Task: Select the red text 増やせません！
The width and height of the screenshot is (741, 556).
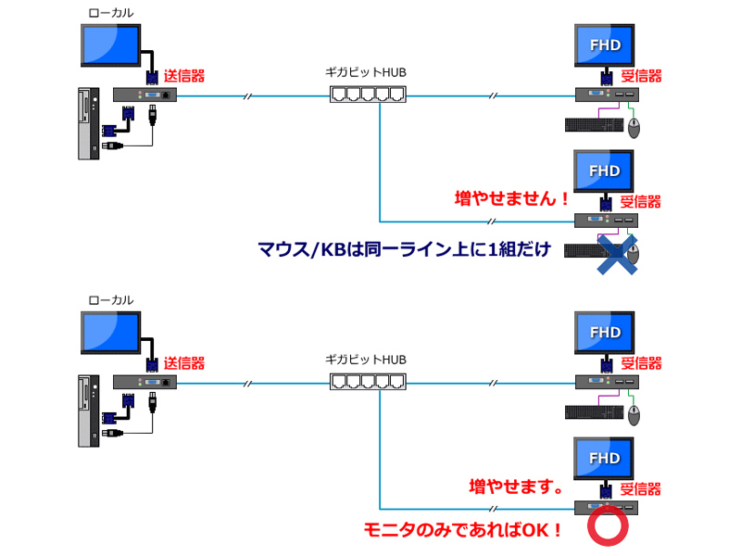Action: coord(511,198)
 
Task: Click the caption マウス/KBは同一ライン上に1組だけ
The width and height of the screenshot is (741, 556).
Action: coord(404,249)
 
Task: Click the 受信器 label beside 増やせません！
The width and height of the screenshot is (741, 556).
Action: coord(640,200)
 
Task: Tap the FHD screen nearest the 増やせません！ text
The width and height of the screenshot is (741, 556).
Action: coord(605,171)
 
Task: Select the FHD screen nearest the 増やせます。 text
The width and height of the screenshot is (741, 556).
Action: coord(605,459)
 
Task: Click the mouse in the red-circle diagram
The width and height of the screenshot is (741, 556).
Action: coord(634,413)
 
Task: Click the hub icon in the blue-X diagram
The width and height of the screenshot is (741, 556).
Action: coord(368,94)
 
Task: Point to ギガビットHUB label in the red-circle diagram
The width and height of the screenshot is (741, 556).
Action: coord(366,358)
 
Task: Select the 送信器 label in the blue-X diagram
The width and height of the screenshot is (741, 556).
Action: coord(184,75)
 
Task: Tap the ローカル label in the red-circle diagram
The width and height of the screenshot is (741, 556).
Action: coord(110,300)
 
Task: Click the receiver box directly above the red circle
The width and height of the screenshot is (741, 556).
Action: coord(607,507)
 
